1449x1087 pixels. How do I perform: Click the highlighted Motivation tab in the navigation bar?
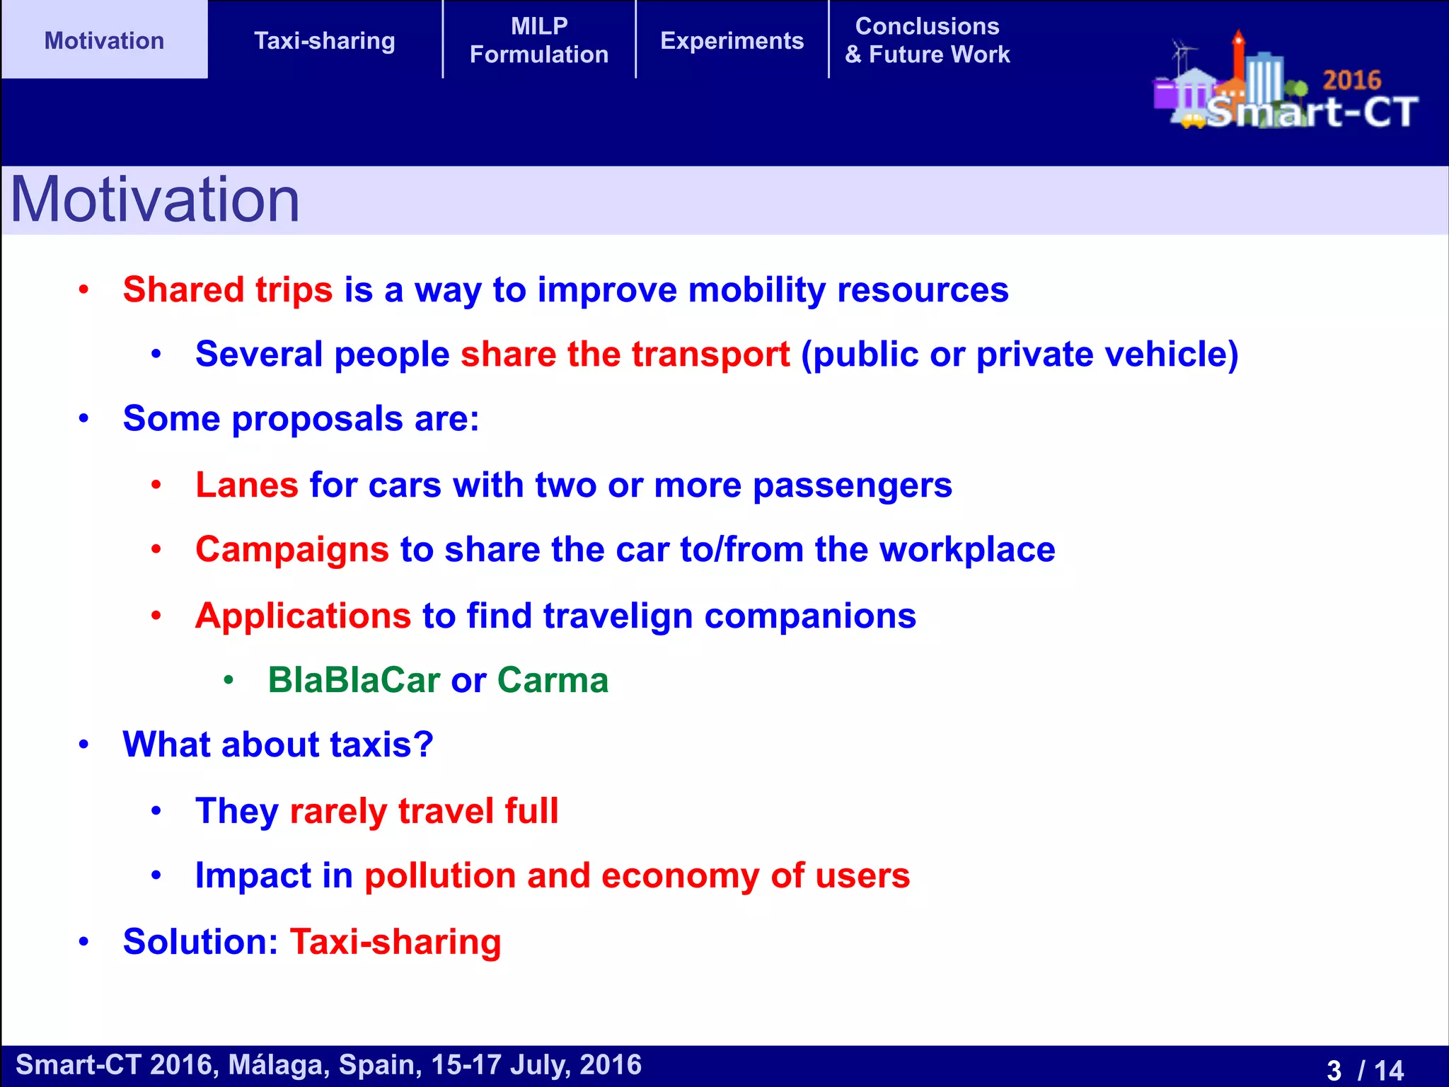click(104, 40)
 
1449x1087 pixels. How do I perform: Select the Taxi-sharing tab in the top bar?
click(324, 40)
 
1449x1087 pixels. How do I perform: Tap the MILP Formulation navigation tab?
click(539, 40)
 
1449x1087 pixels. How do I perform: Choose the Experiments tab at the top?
click(732, 40)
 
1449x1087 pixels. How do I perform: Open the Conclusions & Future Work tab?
click(927, 40)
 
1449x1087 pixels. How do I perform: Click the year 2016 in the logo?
click(1351, 80)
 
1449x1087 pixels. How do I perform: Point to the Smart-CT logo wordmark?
click(1312, 112)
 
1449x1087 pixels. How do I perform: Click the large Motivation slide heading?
click(155, 200)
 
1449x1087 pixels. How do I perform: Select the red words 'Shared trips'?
click(227, 289)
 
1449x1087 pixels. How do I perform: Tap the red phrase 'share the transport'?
click(625, 354)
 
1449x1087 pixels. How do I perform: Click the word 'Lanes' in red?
click(246, 485)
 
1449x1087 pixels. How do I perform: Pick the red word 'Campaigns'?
click(291, 549)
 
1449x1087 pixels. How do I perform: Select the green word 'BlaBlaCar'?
click(354, 680)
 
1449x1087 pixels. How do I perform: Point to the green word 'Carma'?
click(553, 680)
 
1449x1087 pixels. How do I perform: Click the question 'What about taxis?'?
click(277, 744)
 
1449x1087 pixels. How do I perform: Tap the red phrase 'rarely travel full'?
click(424, 811)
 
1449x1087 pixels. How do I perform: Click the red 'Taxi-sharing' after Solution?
click(395, 942)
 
